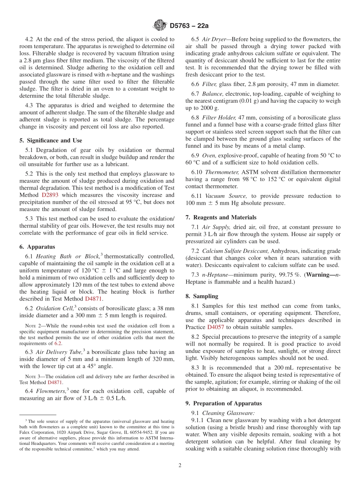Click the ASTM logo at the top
tap(160, 25)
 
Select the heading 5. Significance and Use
tap(50, 141)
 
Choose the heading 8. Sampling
tap(202, 296)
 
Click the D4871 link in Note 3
tap(55, 382)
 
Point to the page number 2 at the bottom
tap(180, 465)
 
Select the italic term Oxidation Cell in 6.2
tap(54, 308)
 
